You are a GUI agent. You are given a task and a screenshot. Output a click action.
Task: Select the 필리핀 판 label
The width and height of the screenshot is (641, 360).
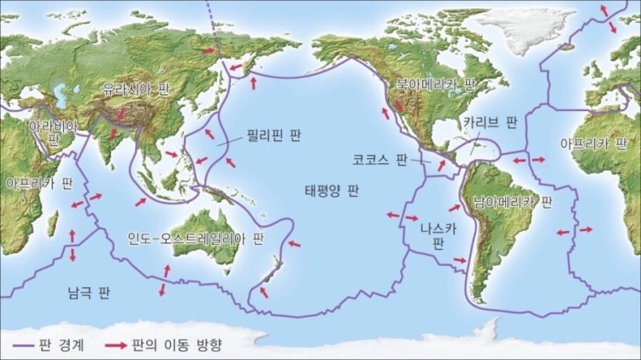pyautogui.click(x=274, y=135)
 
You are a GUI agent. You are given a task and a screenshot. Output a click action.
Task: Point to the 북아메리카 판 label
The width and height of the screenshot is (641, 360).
pyautogui.click(x=435, y=85)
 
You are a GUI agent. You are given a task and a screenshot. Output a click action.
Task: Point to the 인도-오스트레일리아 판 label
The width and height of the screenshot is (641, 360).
pyautogui.click(x=196, y=237)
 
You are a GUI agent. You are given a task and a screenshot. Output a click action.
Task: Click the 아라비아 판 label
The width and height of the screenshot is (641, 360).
pyautogui.click(x=53, y=131)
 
